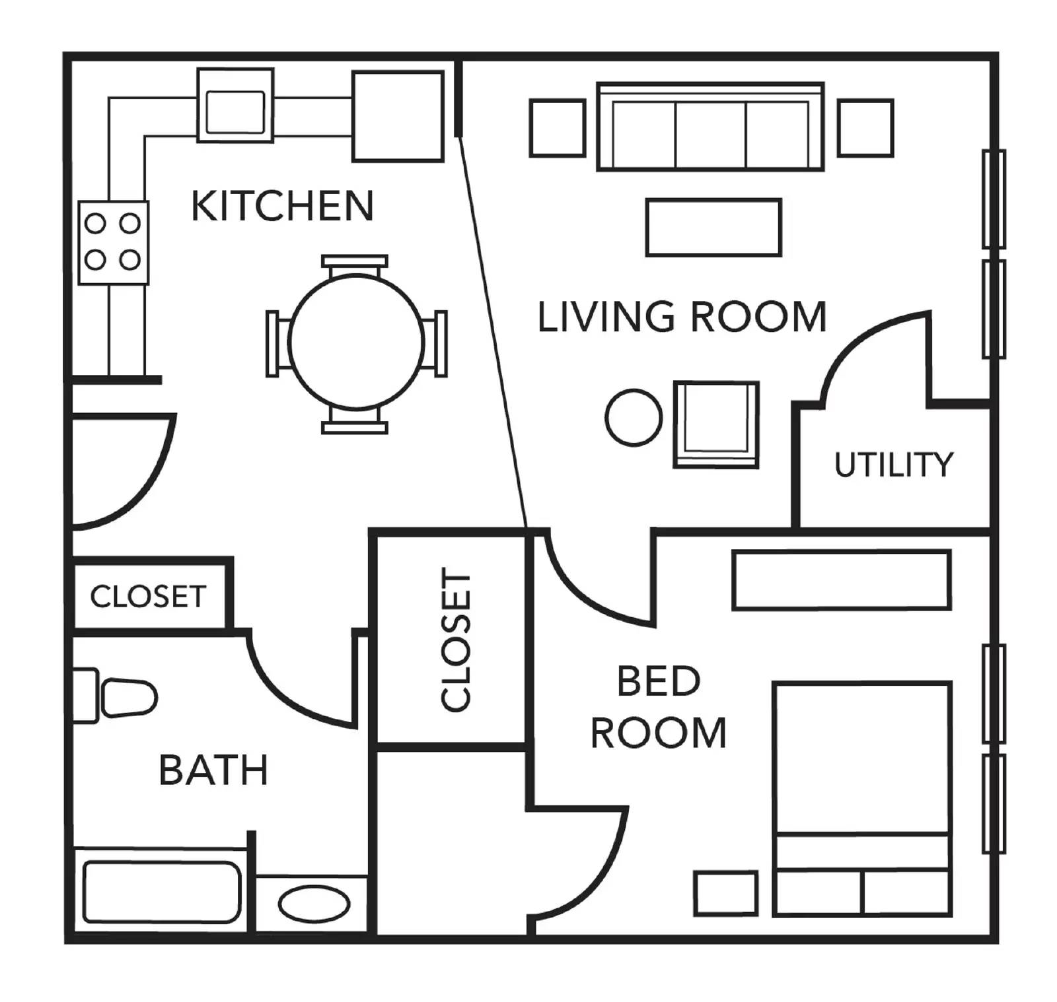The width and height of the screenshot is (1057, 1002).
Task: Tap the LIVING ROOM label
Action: (x=682, y=317)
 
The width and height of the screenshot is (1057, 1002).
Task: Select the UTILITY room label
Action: (x=893, y=465)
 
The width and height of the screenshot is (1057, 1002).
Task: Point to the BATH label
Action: (x=213, y=770)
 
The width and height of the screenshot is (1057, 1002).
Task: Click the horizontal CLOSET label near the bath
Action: (x=148, y=596)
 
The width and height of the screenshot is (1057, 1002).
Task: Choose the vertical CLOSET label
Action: (x=456, y=641)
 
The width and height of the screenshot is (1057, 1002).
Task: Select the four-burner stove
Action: (x=113, y=242)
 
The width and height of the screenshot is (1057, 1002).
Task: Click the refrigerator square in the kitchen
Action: (x=398, y=116)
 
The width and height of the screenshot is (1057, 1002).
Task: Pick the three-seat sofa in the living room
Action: (x=710, y=127)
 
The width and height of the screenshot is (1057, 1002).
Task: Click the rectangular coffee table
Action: (x=713, y=227)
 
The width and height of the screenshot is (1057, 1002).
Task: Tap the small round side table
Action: (x=634, y=417)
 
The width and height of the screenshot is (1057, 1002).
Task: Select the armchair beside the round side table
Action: (x=716, y=424)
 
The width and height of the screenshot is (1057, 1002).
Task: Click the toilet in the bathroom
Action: (x=114, y=696)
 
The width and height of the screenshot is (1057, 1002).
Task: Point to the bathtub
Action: (x=162, y=892)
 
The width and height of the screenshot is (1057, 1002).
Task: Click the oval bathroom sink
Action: (x=314, y=904)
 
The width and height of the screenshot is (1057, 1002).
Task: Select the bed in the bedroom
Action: (x=863, y=799)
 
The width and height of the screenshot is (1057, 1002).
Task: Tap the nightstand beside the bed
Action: (x=725, y=893)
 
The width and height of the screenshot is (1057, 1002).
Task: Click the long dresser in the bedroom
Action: (x=841, y=580)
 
